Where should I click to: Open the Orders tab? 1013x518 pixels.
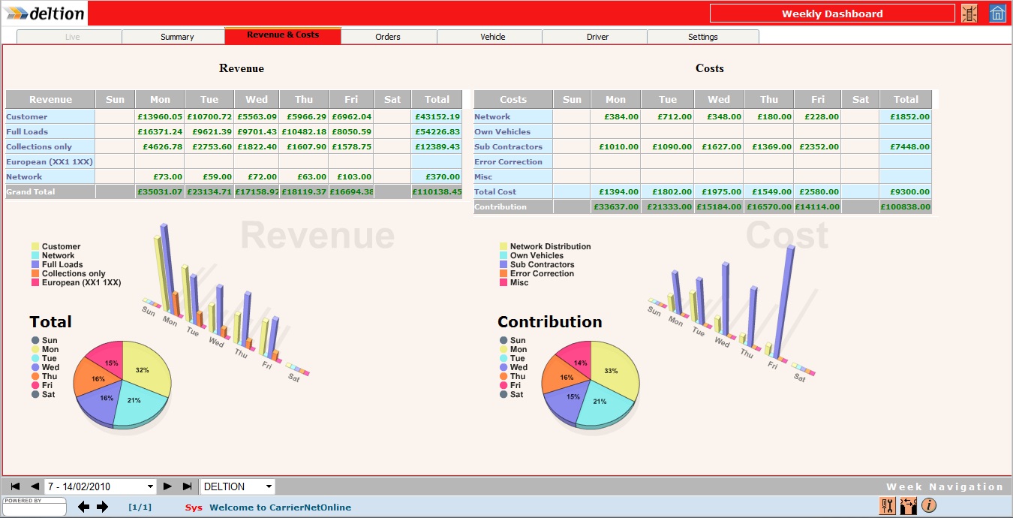[x=388, y=37]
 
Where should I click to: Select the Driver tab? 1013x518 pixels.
[x=597, y=37]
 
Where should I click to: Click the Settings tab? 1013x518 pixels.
[x=702, y=37]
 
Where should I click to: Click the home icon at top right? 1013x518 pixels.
[x=997, y=14]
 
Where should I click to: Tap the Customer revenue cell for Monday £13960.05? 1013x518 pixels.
[x=160, y=116]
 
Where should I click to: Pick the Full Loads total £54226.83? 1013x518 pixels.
[x=436, y=131]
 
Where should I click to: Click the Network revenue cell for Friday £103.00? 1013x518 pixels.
[x=353, y=176]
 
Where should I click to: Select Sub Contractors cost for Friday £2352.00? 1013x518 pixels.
[x=817, y=146]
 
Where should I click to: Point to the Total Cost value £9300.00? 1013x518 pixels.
[x=906, y=191]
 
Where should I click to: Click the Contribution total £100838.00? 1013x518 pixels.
[x=906, y=206]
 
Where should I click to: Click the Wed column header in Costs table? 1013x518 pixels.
[x=718, y=99]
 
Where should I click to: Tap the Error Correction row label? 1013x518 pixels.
[x=508, y=161]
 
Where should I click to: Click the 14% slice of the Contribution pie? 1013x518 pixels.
[x=576, y=360]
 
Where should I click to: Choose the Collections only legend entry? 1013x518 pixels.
[x=73, y=273]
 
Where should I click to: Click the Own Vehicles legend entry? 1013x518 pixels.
[x=536, y=255]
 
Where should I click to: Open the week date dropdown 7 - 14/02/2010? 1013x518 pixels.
[x=101, y=486]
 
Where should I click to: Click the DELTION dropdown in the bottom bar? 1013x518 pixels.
[x=237, y=486]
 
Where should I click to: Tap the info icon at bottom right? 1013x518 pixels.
[x=928, y=505]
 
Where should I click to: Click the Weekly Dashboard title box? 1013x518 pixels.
[x=832, y=14]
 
